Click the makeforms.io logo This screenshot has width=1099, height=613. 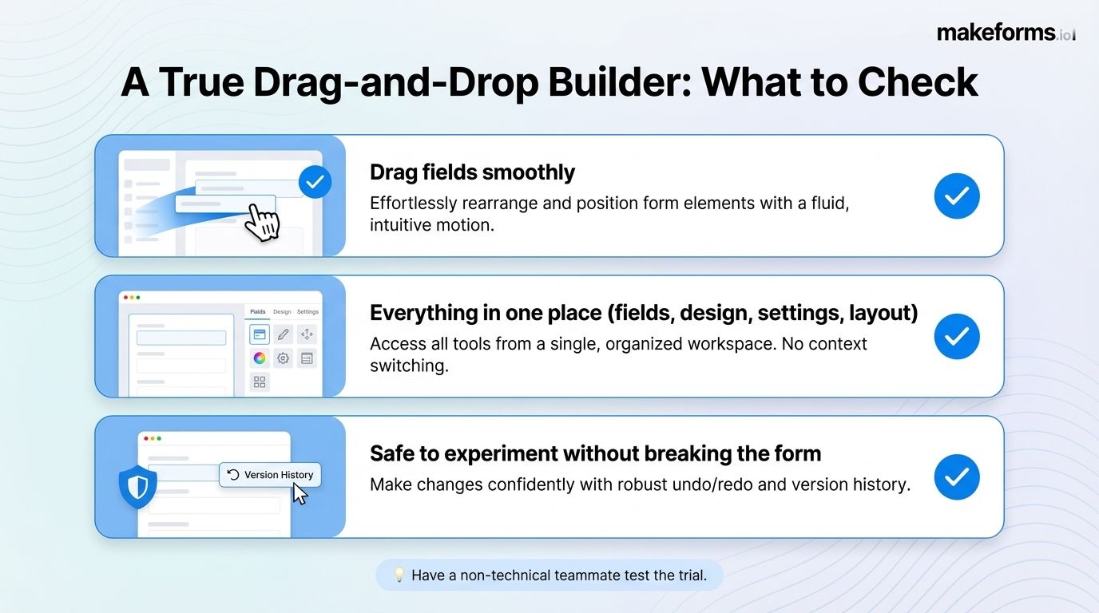(x=1006, y=33)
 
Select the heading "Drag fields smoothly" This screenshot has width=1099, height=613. (x=472, y=172)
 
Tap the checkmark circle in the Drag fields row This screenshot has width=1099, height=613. (x=956, y=196)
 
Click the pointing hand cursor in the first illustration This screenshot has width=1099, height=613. (x=261, y=221)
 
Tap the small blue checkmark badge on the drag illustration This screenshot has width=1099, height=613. (x=315, y=182)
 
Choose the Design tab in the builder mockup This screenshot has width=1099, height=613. (x=282, y=312)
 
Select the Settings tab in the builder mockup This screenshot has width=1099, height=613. (x=307, y=312)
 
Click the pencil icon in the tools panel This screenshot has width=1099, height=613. (x=283, y=334)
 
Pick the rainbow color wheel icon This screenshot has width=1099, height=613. (x=260, y=358)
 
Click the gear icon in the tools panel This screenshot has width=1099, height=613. (x=283, y=358)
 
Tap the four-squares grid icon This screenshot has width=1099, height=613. (x=260, y=382)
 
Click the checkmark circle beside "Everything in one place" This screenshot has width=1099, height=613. (x=956, y=336)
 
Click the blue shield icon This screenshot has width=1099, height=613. (x=137, y=486)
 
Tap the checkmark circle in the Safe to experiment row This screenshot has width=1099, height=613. (x=956, y=477)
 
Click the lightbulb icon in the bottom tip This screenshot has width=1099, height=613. (x=399, y=575)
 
